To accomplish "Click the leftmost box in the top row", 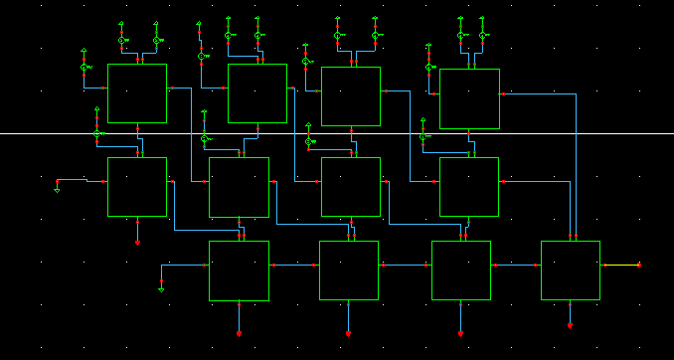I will click(x=137, y=93).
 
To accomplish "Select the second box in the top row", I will click(x=257, y=93).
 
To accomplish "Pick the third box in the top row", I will click(x=350, y=96).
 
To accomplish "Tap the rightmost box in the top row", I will click(x=469, y=98).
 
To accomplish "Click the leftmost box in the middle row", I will click(x=137, y=186).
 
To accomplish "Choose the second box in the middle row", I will click(x=239, y=187).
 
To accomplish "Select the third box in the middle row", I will click(x=350, y=186).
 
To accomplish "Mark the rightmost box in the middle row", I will click(x=469, y=186).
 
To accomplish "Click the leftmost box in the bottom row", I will click(x=239, y=270).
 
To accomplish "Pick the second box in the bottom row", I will click(x=348, y=270).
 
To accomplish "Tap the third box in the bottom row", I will click(x=460, y=270).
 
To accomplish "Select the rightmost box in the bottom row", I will click(x=570, y=270).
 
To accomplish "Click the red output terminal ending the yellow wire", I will click(x=638, y=265).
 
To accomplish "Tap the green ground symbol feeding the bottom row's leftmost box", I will click(x=161, y=288).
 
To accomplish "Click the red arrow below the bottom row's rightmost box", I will click(x=570, y=325).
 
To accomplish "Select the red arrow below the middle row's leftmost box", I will click(x=137, y=242).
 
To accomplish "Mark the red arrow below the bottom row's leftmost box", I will click(x=239, y=333).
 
